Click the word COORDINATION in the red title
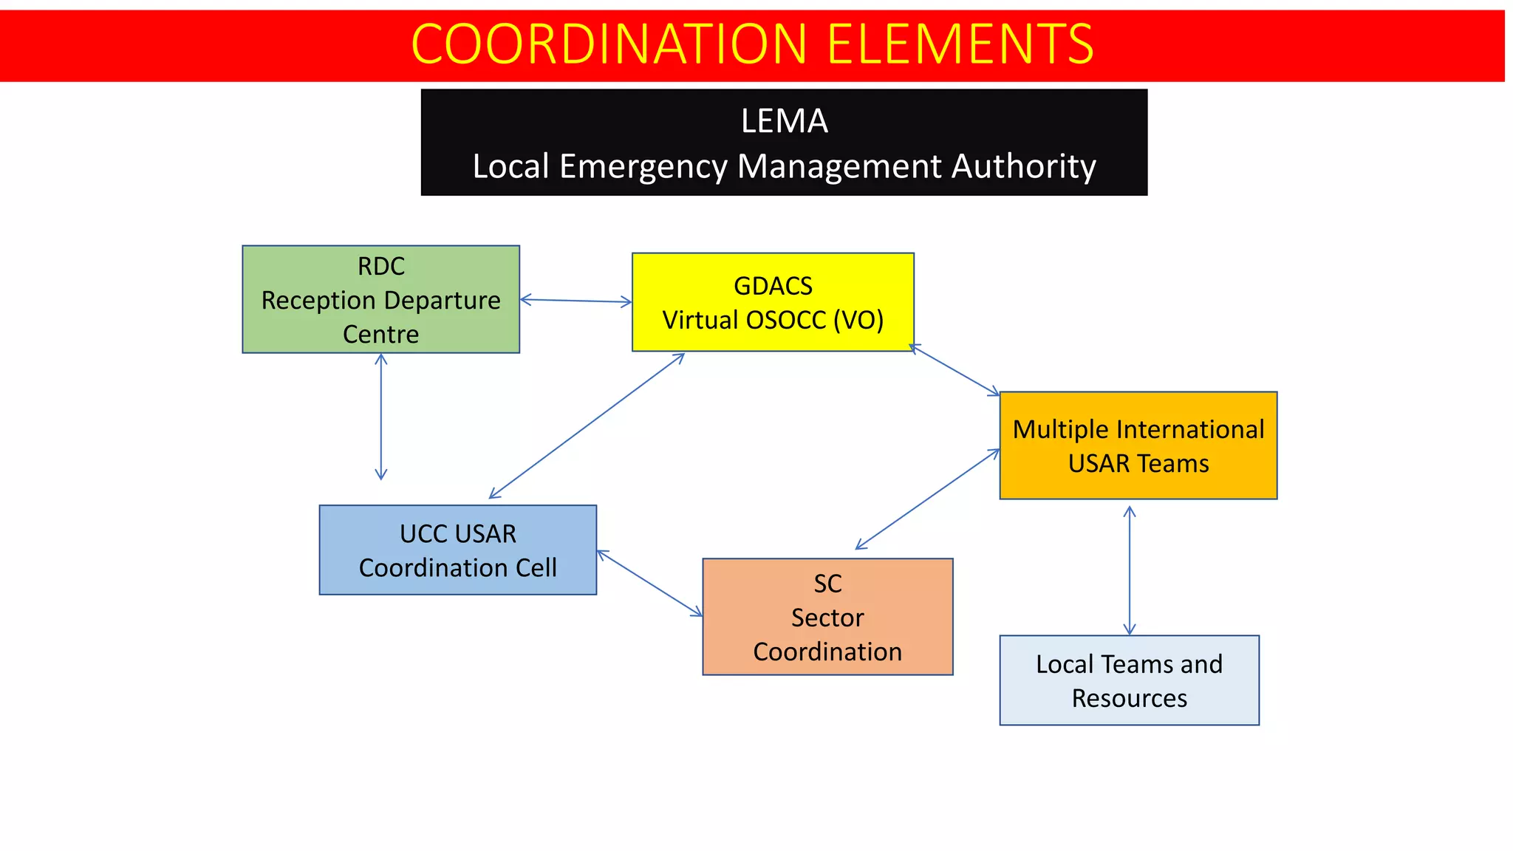[x=609, y=44]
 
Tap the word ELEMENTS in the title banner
[x=960, y=44]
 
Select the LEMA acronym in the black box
[x=784, y=121]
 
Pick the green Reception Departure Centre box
[x=380, y=299]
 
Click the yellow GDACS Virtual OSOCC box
[x=773, y=302]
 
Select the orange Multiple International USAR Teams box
[x=1138, y=445]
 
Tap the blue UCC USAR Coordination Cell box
[x=457, y=550]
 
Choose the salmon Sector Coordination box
[x=827, y=617]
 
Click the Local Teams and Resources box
[x=1129, y=680]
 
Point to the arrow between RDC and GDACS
[x=576, y=301]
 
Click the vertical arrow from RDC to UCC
[x=381, y=417]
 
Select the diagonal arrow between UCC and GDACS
[x=587, y=425]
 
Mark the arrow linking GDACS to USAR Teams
[x=954, y=370]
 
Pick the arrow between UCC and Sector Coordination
[x=649, y=583]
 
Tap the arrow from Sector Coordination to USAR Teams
[x=927, y=499]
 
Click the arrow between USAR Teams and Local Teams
[x=1129, y=570]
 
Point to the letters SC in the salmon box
[x=827, y=584]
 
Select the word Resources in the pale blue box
[x=1129, y=698]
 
